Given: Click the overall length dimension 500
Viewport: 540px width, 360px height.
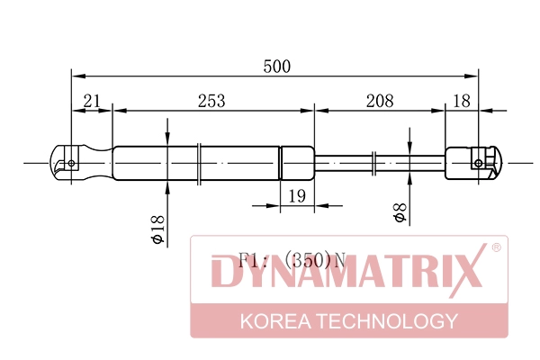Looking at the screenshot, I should (276, 66).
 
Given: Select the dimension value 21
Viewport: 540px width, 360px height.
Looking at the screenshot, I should (91, 101).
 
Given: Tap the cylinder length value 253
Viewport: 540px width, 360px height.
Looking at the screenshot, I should (211, 101).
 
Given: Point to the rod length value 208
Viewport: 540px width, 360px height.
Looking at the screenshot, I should (380, 101).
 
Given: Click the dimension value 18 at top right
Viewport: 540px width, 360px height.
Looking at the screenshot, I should (461, 101).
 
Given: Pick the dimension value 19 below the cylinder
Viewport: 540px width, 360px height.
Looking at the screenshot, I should (296, 196).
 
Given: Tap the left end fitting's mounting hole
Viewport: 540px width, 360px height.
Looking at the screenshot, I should (71, 163).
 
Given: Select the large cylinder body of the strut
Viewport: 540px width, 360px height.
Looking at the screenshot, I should (193, 163).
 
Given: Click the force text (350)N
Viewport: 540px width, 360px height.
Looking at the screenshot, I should (314, 261).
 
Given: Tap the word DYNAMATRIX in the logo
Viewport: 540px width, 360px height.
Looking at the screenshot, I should (347, 275).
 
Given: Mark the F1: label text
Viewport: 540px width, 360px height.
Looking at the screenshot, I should (255, 261).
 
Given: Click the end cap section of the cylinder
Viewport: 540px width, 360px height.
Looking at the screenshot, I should (297, 163).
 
